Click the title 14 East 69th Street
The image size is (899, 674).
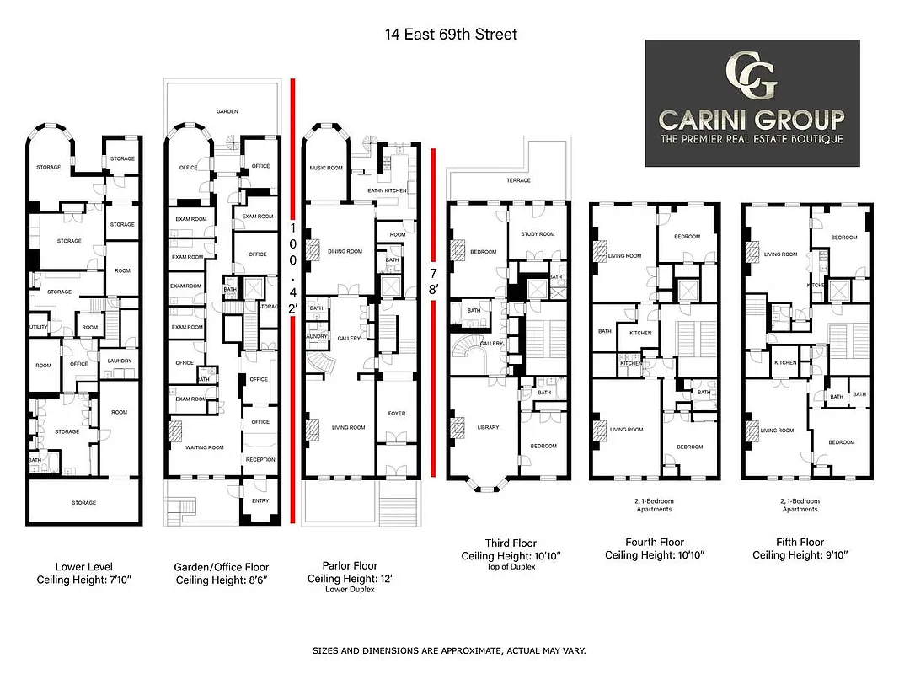coord(447,35)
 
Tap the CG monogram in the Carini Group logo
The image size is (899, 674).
coord(752,76)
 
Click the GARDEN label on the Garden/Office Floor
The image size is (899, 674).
coord(226,111)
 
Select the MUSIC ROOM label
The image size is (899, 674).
coord(325,168)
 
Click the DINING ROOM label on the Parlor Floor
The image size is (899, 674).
coord(344,251)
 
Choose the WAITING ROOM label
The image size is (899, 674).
coord(205,447)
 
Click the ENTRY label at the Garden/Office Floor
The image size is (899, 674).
coord(260,500)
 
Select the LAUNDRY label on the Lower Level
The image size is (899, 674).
coord(120,361)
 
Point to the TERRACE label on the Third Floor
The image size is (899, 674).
coord(518,180)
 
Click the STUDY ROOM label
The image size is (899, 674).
coord(538,234)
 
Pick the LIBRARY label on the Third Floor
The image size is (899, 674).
coord(488,427)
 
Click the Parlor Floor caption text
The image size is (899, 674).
coord(350,565)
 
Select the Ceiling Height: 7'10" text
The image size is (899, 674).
coord(83,580)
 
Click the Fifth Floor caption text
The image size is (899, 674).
coord(799,542)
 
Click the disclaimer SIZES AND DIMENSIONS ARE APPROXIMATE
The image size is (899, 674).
coord(448,651)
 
